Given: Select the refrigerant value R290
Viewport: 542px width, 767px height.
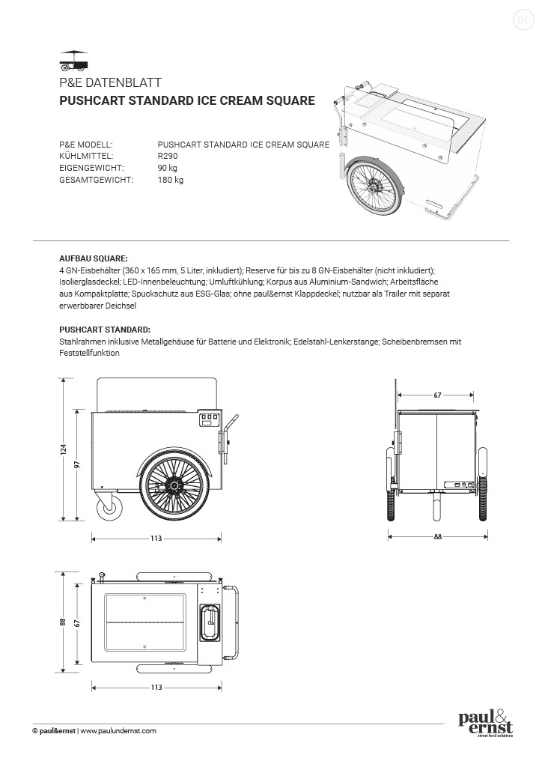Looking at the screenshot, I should pos(168,156).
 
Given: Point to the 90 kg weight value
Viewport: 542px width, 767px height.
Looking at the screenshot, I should pos(168,168).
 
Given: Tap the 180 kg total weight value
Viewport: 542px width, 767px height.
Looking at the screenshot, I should pos(171,180).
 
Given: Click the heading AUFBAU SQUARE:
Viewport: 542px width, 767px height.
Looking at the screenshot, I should pos(93,256).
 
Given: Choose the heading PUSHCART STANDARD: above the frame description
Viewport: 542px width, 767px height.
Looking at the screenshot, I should pos(104,329).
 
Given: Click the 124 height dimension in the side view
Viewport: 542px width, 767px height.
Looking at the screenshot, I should pos(64,449).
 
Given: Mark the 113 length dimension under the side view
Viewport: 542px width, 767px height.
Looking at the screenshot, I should pos(156,538).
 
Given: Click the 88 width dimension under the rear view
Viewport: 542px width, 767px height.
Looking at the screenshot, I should pos(437,536).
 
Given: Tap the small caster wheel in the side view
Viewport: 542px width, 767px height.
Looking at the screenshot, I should pos(110,509).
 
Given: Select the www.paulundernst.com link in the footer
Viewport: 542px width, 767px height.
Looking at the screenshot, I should pos(118,730).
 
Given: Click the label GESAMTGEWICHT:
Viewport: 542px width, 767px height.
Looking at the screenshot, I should pos(96,180).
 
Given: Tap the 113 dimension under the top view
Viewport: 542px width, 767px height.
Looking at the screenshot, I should pos(156,687).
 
